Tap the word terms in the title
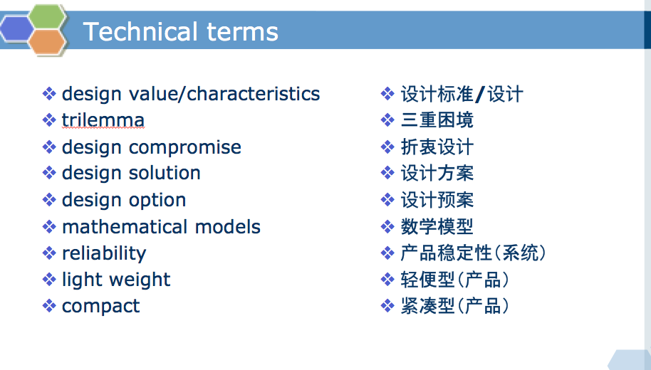pyautogui.click(x=242, y=32)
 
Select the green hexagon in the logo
pyautogui.click(x=47, y=17)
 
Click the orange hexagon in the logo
pyautogui.click(x=47, y=42)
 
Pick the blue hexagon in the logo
pyautogui.click(x=16, y=29)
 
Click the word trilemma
pyautogui.click(x=103, y=120)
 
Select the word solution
pyautogui.click(x=165, y=173)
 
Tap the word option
pyautogui.click(x=157, y=201)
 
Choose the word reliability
pyautogui.click(x=104, y=254)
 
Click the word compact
pyautogui.click(x=100, y=307)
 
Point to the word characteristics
pyautogui.click(x=254, y=94)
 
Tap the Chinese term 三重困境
pyautogui.click(x=437, y=120)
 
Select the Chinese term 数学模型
pyautogui.click(x=437, y=227)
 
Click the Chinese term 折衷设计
pyautogui.click(x=437, y=147)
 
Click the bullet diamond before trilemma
pyautogui.click(x=49, y=120)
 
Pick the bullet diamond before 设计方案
pyautogui.click(x=387, y=173)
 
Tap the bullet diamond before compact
pyautogui.click(x=49, y=306)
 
